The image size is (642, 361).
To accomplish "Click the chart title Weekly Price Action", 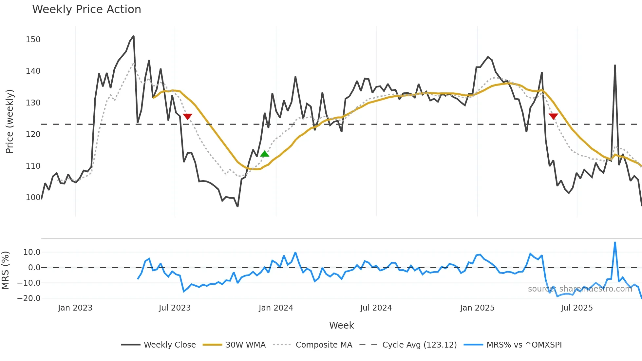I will (86, 9).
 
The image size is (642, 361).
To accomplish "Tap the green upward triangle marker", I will (265, 154).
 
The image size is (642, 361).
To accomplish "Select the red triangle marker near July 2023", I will (187, 116).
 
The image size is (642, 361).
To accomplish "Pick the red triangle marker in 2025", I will (553, 116).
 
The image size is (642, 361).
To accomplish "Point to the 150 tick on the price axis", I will (33, 40).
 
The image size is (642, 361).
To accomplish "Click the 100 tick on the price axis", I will (33, 198).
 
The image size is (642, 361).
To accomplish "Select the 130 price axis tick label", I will (33, 103).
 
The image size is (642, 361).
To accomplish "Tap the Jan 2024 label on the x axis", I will (276, 308).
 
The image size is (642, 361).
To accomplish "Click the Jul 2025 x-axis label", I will (577, 308).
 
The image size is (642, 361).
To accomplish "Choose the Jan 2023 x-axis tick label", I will (75, 308).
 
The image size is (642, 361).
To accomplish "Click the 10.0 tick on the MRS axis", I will (32, 252).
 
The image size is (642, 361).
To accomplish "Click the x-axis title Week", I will (341, 325).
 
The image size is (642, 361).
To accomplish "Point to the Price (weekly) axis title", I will (10, 121).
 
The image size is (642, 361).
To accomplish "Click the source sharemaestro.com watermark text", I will (580, 289).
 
